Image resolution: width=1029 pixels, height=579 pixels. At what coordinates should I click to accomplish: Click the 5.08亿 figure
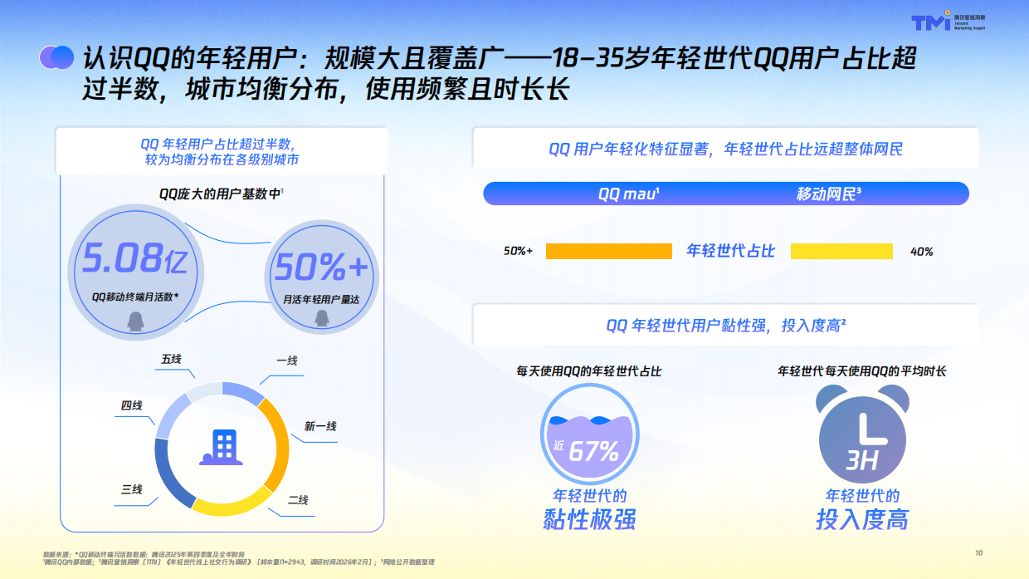tap(134, 260)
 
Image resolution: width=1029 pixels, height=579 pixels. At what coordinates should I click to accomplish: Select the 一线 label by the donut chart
tap(287, 361)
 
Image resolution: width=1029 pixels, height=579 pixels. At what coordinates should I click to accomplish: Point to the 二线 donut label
tap(298, 500)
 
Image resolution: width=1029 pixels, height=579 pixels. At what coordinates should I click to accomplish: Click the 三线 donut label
tap(132, 489)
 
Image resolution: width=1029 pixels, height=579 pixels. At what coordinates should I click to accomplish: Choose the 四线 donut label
tap(132, 405)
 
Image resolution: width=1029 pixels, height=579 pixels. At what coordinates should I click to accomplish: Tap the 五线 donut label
tap(172, 359)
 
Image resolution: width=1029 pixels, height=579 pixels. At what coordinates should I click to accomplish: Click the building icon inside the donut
tap(221, 448)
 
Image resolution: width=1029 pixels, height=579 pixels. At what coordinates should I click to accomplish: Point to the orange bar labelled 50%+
tap(608, 251)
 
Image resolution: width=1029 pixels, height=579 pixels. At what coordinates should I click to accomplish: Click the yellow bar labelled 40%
tap(841, 251)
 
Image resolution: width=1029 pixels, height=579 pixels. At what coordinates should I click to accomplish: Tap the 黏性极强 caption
tap(589, 520)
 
